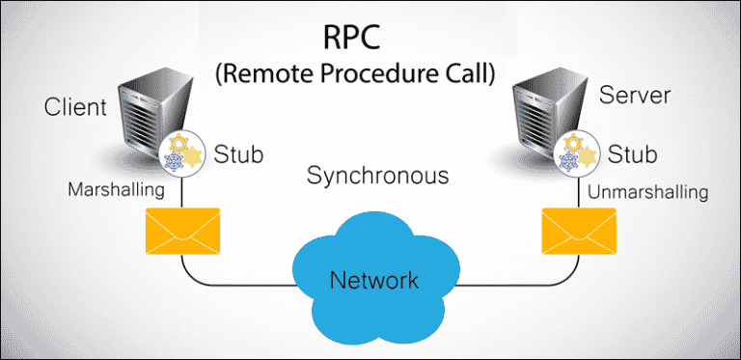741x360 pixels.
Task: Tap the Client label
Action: (x=75, y=106)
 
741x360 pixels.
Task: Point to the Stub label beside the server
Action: (x=633, y=153)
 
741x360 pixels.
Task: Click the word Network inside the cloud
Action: (x=374, y=281)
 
